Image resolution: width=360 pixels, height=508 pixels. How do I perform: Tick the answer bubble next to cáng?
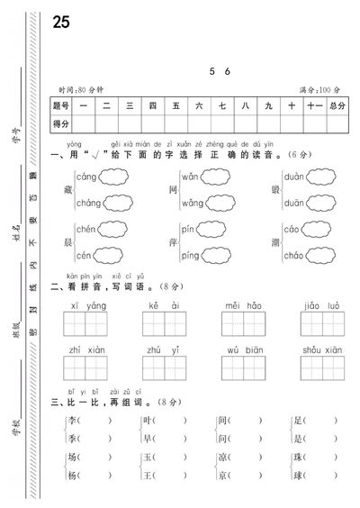click(115, 177)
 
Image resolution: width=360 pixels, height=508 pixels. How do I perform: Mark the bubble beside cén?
click(112, 255)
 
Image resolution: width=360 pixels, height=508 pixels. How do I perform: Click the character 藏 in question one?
click(69, 190)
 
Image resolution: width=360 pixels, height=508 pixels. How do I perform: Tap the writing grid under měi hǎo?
click(244, 322)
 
